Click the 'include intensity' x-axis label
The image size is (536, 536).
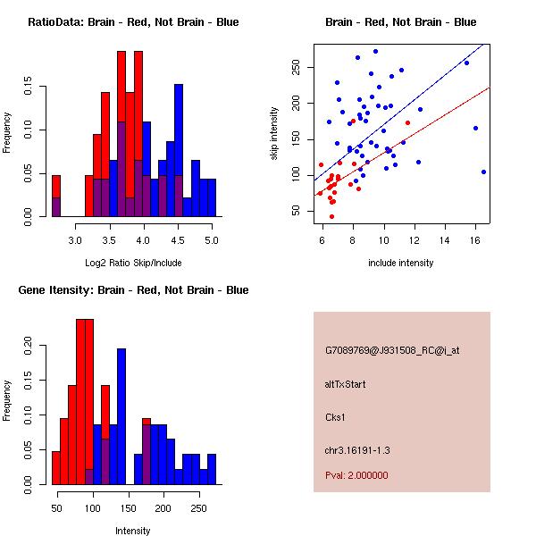tap(400, 263)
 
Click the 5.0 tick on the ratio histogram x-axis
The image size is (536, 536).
tap(212, 241)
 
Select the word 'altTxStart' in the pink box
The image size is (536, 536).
tap(346, 384)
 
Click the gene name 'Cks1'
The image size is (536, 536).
tap(336, 416)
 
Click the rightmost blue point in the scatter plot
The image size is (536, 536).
tap(483, 172)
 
